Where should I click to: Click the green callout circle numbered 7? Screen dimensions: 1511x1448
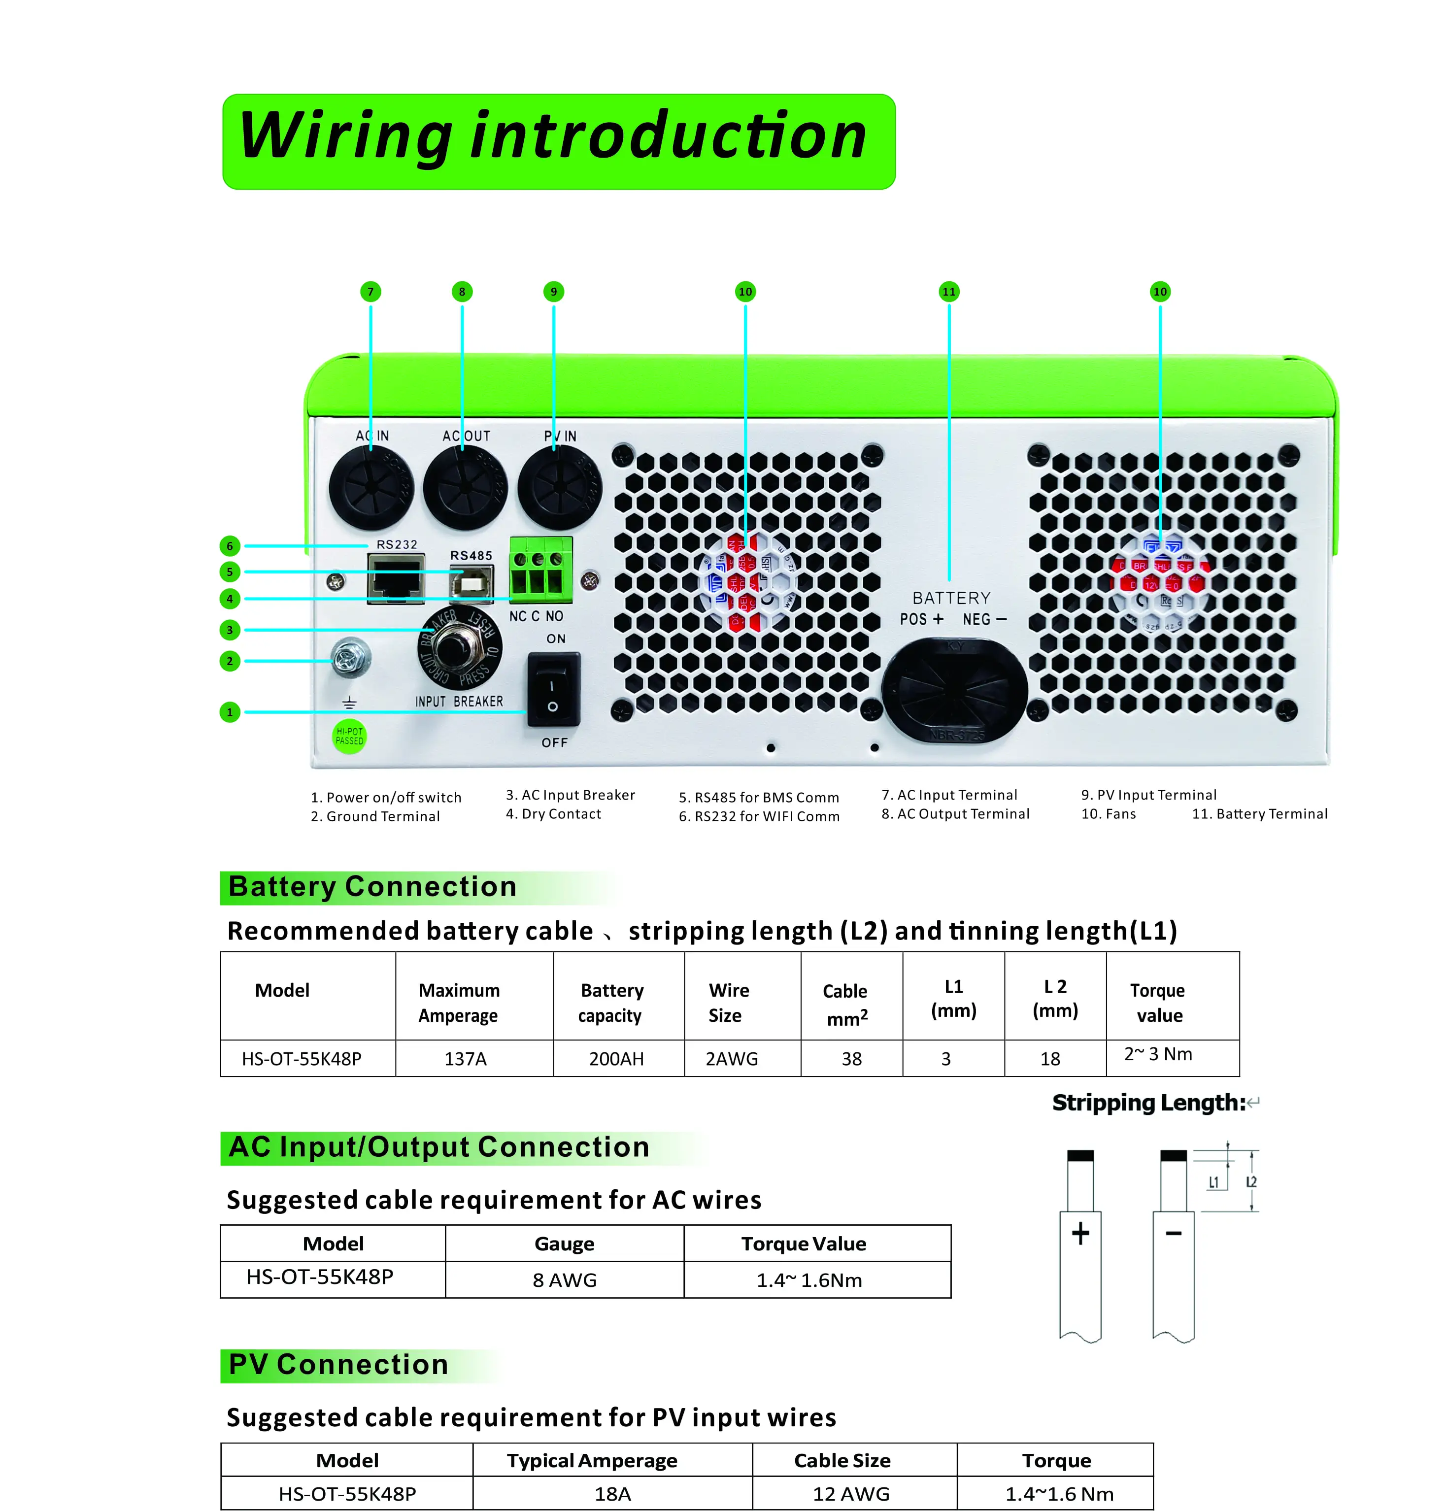point(370,291)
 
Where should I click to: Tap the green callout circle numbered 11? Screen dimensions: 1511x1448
point(948,291)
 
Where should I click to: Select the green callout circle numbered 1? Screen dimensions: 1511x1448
point(229,711)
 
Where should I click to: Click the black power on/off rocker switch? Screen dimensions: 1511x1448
point(553,688)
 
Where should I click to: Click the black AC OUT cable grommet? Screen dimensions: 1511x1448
point(466,488)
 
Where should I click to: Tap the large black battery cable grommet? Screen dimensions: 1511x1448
point(954,688)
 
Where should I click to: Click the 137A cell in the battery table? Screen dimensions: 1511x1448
point(465,1058)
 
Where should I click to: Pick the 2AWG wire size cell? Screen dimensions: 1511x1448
point(732,1058)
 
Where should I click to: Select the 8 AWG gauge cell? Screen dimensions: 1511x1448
point(565,1280)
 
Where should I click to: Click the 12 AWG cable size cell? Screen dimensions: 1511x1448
point(851,1493)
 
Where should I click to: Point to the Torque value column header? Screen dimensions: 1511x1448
point(1158,1002)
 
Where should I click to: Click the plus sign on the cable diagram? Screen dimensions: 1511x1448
point(1080,1233)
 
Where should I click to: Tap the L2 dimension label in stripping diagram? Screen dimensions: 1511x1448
point(1250,1182)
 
